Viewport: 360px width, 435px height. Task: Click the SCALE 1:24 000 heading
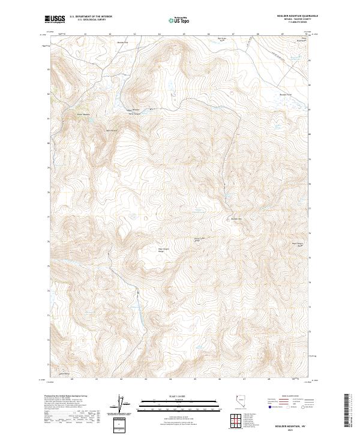[x=179, y=397]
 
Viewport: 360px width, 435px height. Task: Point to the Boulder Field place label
[x=285, y=94]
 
